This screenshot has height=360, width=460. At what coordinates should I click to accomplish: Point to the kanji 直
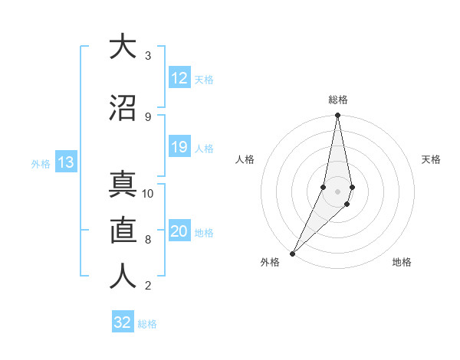pos(121,230)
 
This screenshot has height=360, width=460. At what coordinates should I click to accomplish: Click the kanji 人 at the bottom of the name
pos(121,277)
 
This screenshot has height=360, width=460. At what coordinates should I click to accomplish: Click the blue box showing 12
pos(179,79)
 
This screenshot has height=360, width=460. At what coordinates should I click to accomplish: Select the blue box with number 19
pos(179,148)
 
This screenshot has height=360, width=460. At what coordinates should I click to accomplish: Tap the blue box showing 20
pos(179,232)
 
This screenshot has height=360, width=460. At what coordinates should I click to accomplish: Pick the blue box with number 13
pos(65,163)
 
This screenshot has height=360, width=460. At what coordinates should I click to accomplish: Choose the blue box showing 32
pos(123,322)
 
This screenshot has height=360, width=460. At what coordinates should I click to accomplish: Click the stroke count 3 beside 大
pos(148,56)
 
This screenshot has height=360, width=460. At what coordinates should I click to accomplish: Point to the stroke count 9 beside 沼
pos(148,116)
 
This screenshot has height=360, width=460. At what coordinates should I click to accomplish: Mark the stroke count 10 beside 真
pos(148,194)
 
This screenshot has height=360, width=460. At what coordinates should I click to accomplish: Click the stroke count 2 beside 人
pos(148,286)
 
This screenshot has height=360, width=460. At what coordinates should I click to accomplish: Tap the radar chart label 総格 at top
pos(338,100)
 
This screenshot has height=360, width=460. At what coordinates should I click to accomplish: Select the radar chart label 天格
pos(432,159)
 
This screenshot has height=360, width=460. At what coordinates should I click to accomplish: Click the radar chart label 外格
pos(270,263)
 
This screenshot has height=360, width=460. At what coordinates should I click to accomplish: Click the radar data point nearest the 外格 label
pos(293,252)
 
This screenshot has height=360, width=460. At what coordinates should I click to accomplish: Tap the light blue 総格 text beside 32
pos(147,324)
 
